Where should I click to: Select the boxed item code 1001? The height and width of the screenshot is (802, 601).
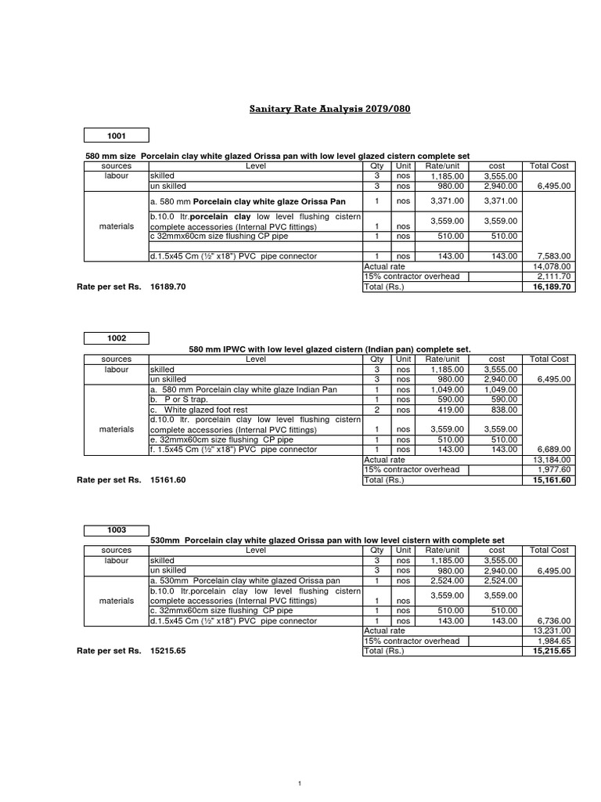pos(116,135)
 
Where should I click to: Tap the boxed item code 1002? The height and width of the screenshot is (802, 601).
pos(116,338)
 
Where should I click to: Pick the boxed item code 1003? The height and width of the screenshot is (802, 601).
pos(116,530)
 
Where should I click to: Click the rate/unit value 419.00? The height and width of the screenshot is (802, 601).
pos(448,409)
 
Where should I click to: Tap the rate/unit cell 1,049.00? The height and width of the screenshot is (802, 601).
pos(445,389)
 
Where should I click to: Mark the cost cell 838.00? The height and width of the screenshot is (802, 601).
pos(502,409)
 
